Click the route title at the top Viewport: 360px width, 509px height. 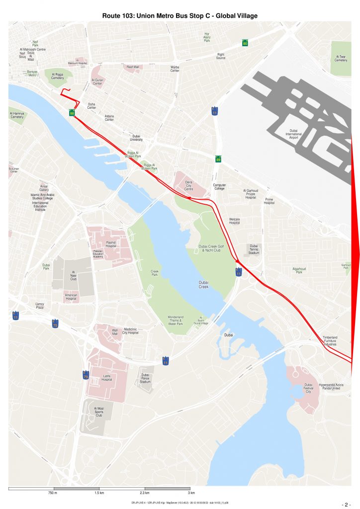(x=180, y=16)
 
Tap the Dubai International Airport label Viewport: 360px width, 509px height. (x=293, y=134)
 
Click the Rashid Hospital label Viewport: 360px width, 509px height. (x=111, y=244)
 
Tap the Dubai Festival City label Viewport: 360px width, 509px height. (x=308, y=388)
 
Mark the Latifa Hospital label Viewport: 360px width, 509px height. (x=106, y=377)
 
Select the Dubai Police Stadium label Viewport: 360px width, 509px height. (x=145, y=378)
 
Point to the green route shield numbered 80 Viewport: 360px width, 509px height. (x=245, y=43)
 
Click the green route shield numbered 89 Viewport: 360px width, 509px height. (x=218, y=159)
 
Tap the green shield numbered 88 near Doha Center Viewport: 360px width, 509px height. (x=72, y=113)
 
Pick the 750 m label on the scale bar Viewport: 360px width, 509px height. (x=53, y=493)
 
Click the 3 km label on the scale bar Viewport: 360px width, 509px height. (x=191, y=493)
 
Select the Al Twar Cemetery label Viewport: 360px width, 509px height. (x=341, y=59)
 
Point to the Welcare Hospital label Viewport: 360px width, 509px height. (x=234, y=221)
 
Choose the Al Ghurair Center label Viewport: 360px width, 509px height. (x=97, y=82)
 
